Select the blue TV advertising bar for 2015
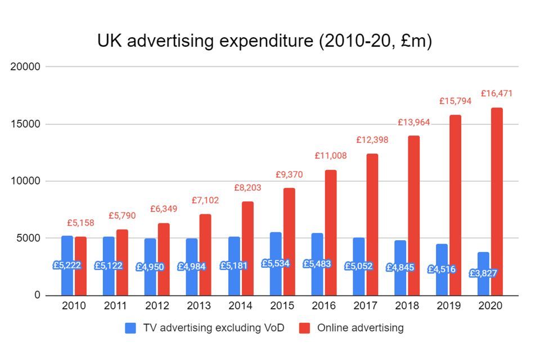tap(275, 264)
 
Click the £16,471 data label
tap(497, 93)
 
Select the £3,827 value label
tap(483, 273)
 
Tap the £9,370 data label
tap(289, 174)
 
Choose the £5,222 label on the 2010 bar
tap(67, 265)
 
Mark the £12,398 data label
tap(372, 139)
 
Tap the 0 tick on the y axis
tap(37, 295)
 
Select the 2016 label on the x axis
tap(324, 307)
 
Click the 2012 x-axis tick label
tap(157, 307)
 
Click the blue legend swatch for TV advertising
tap(130, 328)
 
